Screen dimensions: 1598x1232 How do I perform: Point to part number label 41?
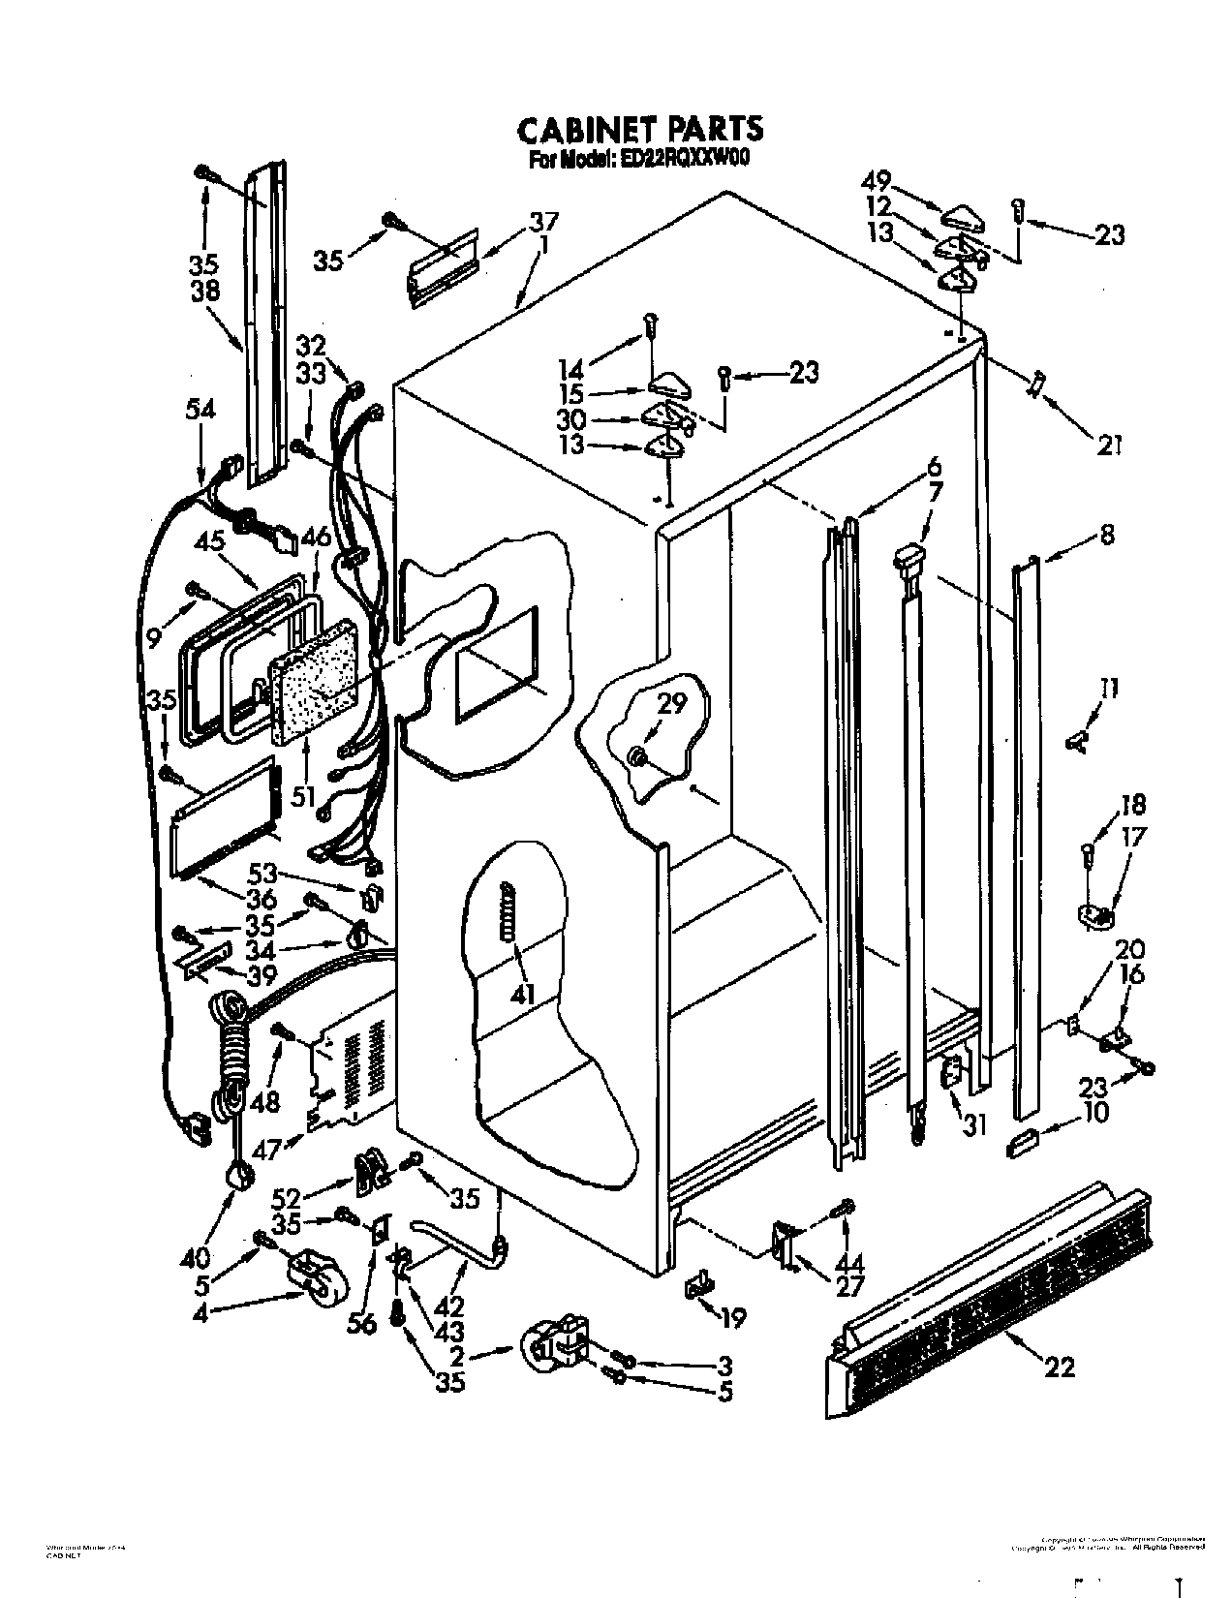525,993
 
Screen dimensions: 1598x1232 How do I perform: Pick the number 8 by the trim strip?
1106,534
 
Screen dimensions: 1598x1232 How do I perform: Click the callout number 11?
1108,689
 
